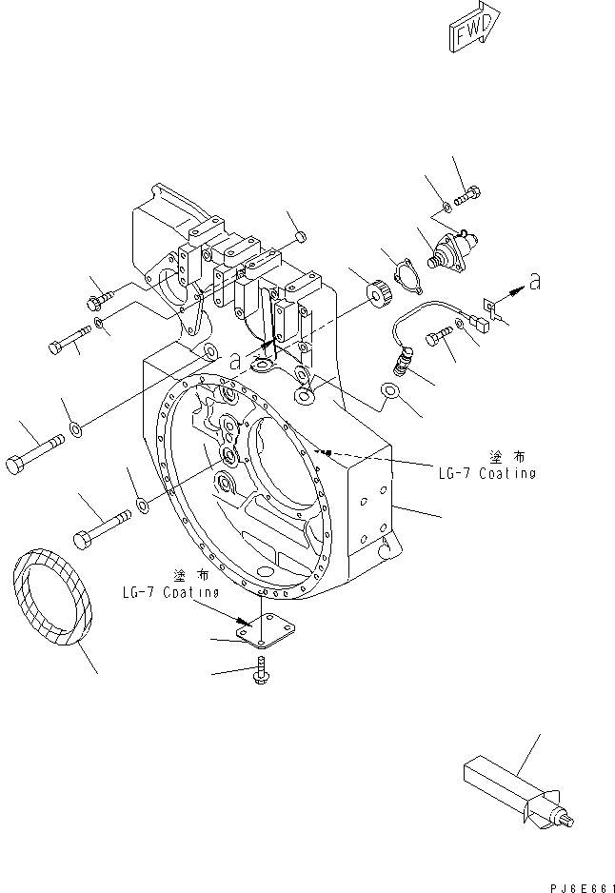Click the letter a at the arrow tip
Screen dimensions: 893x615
(x=536, y=282)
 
